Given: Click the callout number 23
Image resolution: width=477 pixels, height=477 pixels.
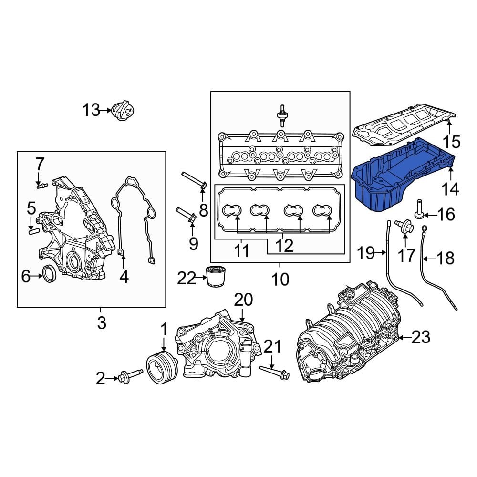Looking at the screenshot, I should click(x=420, y=338).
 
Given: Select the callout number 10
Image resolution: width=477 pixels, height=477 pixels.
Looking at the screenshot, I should click(x=280, y=279).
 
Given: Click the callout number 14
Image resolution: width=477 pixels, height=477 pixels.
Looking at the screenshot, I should click(x=450, y=189).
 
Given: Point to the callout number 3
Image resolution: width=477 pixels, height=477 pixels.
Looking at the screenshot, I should click(x=102, y=323).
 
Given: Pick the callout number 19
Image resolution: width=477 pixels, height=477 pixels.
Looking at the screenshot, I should click(x=366, y=253).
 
